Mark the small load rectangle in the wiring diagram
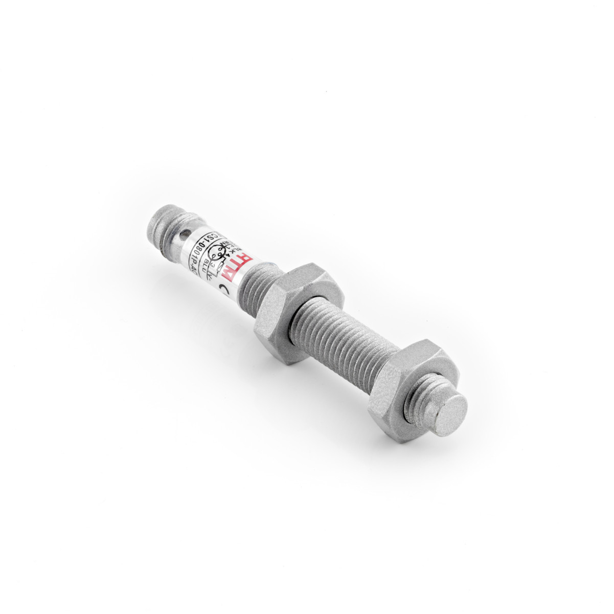221,266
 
